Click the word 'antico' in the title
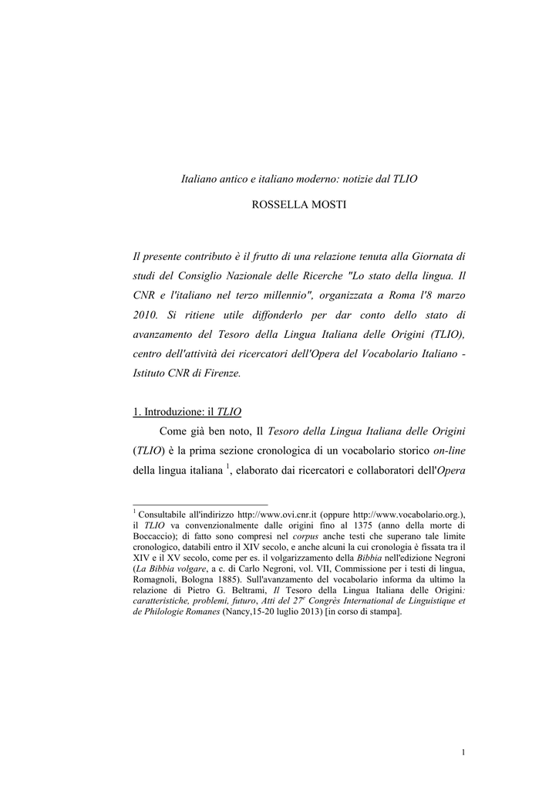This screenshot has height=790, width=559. click(232, 178)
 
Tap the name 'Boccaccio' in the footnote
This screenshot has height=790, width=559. click(157, 536)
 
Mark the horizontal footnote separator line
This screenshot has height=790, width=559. click(200, 502)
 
